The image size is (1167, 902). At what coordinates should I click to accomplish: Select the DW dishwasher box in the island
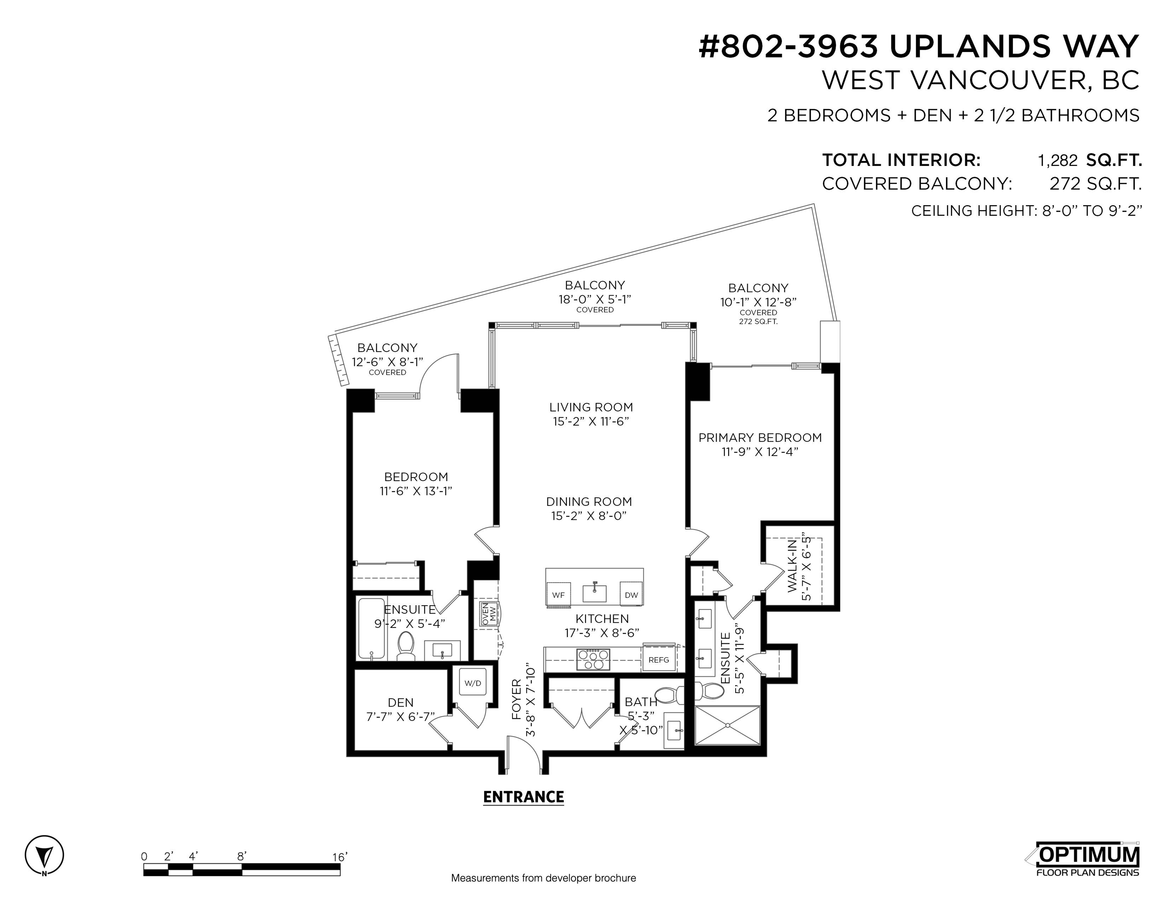631,595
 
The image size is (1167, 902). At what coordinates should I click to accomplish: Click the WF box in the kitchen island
558,595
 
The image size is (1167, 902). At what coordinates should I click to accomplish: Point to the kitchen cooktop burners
593,659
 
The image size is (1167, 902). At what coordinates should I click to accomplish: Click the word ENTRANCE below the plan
523,797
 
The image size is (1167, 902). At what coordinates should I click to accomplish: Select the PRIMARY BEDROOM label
760,438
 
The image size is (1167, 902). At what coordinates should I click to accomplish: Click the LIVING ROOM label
591,407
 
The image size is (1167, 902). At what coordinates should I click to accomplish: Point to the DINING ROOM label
589,502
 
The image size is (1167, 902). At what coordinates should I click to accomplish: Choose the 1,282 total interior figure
1057,160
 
